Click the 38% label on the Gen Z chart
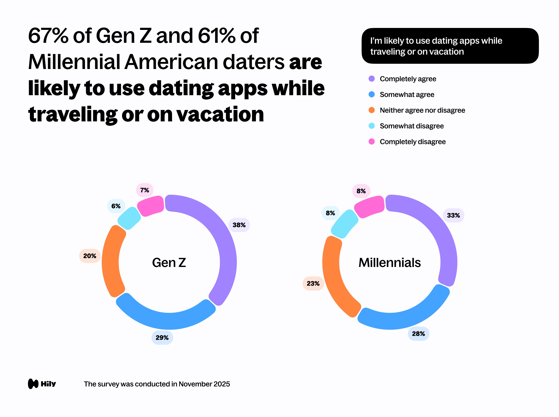(x=239, y=225)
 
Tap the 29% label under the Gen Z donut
(x=162, y=338)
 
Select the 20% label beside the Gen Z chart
(x=90, y=256)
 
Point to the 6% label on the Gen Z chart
(x=116, y=206)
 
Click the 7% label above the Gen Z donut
(x=144, y=190)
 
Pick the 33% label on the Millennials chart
(x=453, y=215)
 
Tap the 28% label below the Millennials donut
(x=418, y=334)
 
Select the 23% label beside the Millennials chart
(x=313, y=283)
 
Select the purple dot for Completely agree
(x=371, y=79)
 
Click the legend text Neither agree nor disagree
(x=422, y=110)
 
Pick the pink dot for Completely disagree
(x=371, y=142)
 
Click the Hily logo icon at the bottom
(x=33, y=384)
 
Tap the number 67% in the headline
(x=48, y=36)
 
